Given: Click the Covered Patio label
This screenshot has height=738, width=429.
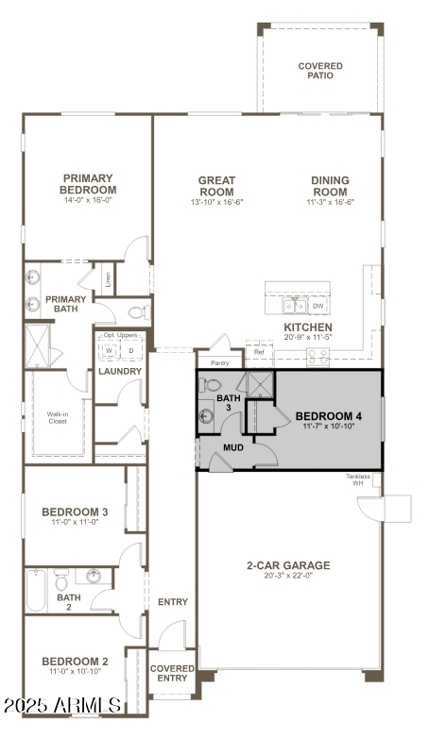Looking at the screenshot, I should [x=320, y=72].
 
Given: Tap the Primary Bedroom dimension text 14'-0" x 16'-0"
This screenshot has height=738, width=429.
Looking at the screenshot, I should [x=89, y=201].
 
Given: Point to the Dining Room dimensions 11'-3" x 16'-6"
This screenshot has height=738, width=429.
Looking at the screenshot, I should [x=330, y=202].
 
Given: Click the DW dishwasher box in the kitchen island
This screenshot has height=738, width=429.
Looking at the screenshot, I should [x=318, y=306].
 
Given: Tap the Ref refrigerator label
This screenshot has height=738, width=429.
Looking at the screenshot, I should [x=259, y=352].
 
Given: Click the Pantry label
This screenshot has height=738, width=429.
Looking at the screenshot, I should [x=219, y=362].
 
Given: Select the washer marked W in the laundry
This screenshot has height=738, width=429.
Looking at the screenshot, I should [x=109, y=351].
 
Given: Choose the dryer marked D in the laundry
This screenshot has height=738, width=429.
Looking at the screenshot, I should [x=130, y=351].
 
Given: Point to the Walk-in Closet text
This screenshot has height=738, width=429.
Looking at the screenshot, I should [x=59, y=417].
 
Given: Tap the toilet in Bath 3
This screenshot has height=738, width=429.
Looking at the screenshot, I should [x=211, y=385].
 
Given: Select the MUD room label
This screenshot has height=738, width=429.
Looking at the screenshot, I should [x=233, y=446].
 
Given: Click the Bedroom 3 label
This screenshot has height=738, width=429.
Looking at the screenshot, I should [x=75, y=512].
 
